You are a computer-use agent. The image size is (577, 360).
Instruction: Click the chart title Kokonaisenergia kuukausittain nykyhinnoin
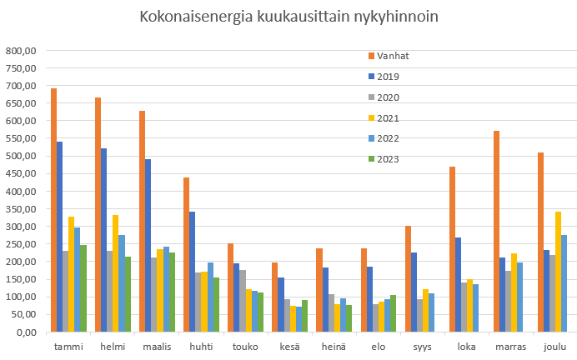point(288,17)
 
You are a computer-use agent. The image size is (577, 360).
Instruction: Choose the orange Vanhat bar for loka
point(452,249)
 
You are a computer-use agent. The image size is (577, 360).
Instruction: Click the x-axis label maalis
point(158,346)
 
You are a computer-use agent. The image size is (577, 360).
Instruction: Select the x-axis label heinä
point(334,346)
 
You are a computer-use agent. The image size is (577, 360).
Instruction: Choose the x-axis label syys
point(423,346)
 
